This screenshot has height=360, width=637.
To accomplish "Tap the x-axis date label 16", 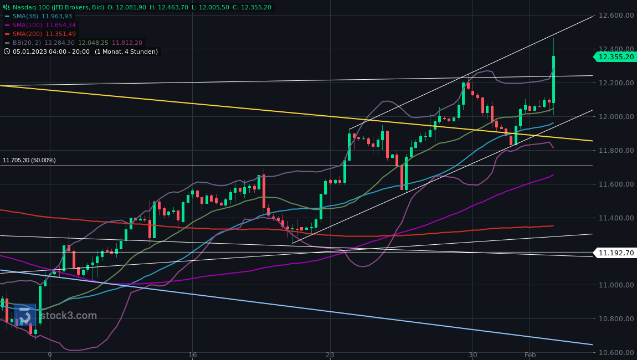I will click(192, 354).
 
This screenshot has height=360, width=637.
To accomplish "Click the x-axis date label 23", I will click(330, 354).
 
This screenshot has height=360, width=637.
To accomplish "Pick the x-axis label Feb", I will click(530, 354).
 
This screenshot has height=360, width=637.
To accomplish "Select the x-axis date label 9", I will click(49, 354).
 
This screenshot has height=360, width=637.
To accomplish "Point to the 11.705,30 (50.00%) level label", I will click(29, 160).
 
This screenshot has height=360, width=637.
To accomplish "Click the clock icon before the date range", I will click(7, 52).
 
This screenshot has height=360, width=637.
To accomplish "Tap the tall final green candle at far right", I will click(553, 79).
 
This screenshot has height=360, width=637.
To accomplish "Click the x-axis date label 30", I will click(472, 354).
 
